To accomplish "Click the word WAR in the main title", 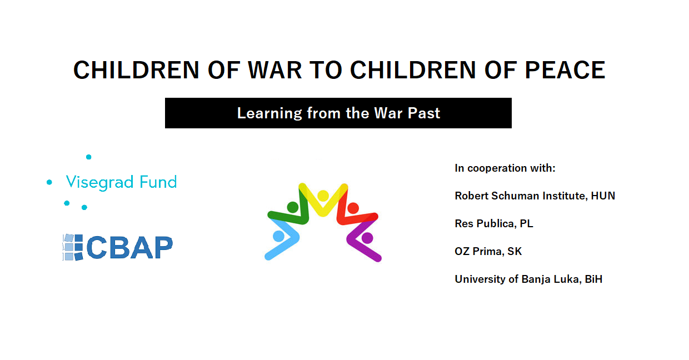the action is [274, 70].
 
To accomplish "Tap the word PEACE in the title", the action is [565, 70].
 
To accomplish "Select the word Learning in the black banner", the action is [269, 114].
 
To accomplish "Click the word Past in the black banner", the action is [423, 113].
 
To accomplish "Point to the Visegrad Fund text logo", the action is [121, 182].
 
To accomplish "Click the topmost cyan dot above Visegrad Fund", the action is [88, 157].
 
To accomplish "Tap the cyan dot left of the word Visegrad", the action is [49, 182].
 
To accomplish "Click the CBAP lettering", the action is [129, 247].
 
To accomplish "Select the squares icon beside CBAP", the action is [73, 247].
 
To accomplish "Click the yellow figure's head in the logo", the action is [323, 196].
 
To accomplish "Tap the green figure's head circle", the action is [292, 207].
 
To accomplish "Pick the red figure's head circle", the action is [353, 208].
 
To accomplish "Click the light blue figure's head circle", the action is [279, 236].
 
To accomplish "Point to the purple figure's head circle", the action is [367, 238].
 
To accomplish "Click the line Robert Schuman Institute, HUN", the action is [535, 196].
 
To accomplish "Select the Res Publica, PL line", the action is [494, 223].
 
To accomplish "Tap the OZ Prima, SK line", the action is [488, 252].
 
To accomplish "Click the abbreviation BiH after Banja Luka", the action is [593, 279].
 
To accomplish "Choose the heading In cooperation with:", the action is [505, 168].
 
